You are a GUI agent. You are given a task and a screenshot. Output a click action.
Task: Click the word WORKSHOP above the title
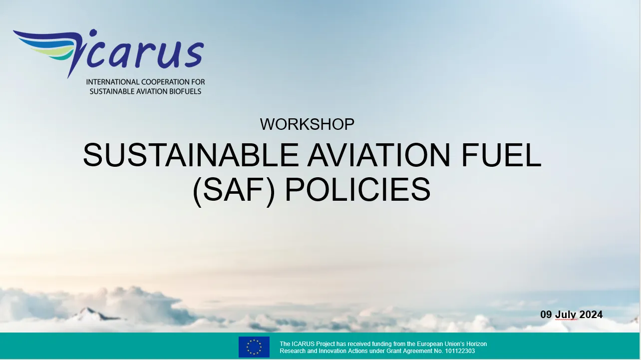coord(307,124)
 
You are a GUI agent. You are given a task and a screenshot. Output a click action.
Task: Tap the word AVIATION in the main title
coord(378,155)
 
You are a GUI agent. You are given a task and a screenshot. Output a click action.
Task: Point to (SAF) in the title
coord(234,190)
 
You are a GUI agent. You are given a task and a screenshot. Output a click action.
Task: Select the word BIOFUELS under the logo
coord(183,91)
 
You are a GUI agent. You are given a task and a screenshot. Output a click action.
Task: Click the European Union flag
coord(254,347)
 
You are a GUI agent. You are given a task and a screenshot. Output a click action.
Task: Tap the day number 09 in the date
coord(546,315)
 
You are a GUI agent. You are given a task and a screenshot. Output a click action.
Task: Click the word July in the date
coord(566,315)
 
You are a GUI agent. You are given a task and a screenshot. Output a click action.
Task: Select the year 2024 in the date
coord(591,315)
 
